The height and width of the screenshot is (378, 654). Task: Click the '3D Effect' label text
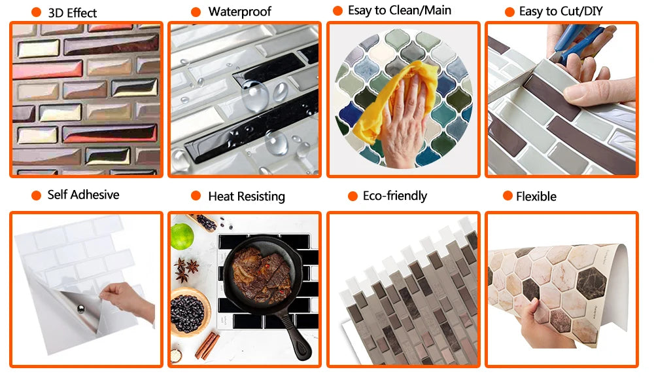(x=72, y=13)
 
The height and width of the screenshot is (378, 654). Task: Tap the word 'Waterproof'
(x=240, y=12)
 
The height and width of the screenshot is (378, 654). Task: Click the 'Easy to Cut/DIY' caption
(x=560, y=11)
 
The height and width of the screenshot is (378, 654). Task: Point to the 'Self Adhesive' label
(x=84, y=195)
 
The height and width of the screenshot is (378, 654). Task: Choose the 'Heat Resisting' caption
(x=247, y=197)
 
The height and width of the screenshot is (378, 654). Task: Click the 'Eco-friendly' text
(x=395, y=196)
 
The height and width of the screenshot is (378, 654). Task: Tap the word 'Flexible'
(x=536, y=197)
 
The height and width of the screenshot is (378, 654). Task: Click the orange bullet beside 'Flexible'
(x=508, y=196)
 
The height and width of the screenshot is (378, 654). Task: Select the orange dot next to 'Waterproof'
(x=196, y=12)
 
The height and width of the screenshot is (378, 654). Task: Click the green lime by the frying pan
(x=182, y=236)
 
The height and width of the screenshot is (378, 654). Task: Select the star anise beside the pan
(x=186, y=269)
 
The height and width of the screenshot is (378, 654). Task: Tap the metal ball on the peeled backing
(x=81, y=309)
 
